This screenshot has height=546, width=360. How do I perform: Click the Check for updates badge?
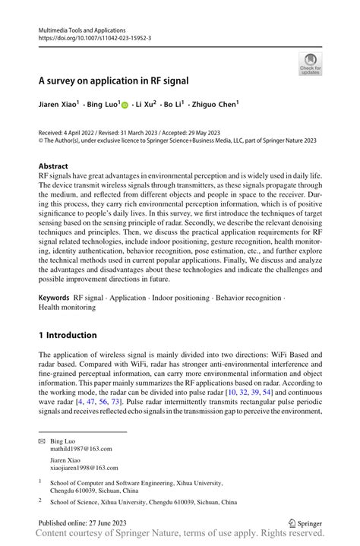click(309, 64)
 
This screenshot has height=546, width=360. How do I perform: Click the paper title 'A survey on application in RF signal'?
click(114, 80)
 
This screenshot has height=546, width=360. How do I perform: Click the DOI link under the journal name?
click(96, 36)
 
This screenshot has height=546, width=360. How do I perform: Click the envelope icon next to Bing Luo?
click(43, 440)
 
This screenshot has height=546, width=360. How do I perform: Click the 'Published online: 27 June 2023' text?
click(84, 523)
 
